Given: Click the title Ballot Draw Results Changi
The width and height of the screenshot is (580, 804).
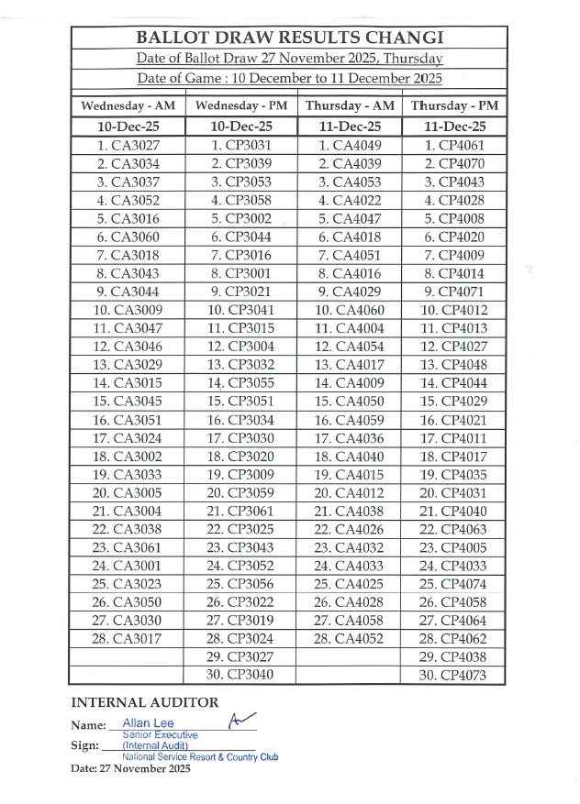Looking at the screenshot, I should click(290, 38).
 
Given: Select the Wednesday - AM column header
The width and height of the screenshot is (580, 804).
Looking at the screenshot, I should click(127, 105).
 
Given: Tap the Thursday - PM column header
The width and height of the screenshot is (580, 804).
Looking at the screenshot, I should click(454, 105).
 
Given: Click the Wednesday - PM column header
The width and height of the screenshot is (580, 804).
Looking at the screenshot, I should click(240, 105).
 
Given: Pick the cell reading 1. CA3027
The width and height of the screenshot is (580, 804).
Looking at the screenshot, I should click(127, 145).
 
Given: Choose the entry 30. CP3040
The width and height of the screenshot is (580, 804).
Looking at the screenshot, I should click(240, 676).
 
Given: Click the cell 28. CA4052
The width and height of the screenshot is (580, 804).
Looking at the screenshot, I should click(349, 639).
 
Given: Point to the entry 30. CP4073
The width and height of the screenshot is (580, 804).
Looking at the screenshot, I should click(454, 676).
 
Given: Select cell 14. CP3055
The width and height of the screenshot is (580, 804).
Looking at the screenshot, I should click(240, 382).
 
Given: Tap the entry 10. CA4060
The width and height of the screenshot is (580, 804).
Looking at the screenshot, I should click(349, 310).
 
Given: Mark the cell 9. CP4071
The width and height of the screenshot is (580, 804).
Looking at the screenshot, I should click(454, 292).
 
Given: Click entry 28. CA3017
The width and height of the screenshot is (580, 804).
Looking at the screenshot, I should click(127, 639).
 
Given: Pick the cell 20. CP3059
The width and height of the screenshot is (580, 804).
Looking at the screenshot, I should click(240, 492).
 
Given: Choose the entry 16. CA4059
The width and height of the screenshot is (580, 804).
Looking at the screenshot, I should click(349, 419).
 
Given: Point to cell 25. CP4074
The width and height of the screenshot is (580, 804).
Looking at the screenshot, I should click(454, 584).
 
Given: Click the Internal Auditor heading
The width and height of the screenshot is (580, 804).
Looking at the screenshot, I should click(145, 703).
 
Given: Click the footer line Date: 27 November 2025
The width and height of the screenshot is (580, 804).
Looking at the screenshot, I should click(129, 768).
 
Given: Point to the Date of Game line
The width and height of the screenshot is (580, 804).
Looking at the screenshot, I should click(290, 80).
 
